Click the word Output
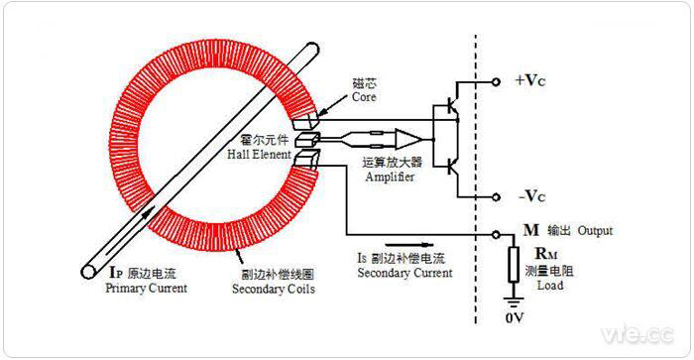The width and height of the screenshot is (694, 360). click(596, 231)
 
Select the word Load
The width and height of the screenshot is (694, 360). click(550, 286)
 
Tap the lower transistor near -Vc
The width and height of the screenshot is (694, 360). click(451, 164)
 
